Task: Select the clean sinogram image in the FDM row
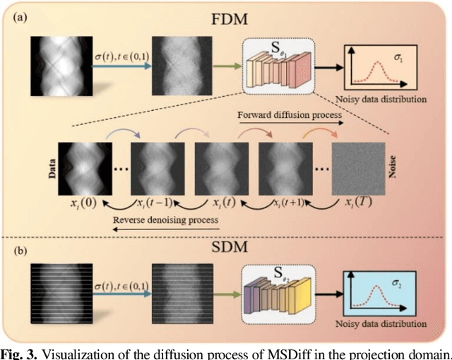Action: point(60,67)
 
